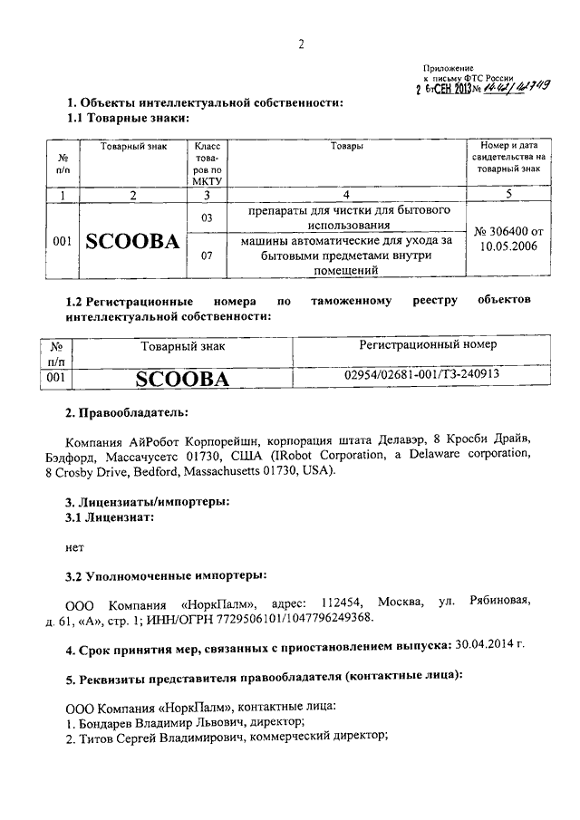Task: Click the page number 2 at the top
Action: point(302,46)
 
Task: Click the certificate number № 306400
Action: point(506,234)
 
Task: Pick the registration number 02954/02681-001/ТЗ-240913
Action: point(422,373)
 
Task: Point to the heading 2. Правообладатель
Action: point(126,414)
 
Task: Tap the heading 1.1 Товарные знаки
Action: point(128,118)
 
